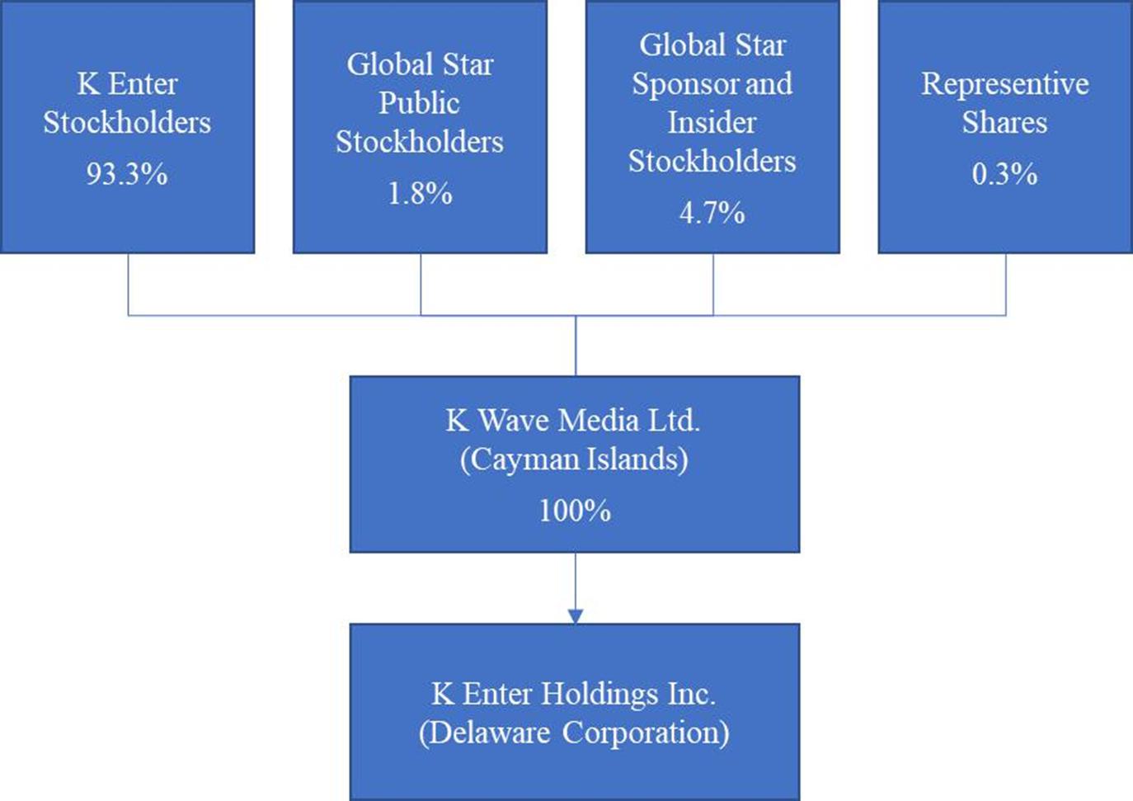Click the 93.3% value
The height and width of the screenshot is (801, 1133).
(x=127, y=174)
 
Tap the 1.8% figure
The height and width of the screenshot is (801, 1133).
(x=420, y=193)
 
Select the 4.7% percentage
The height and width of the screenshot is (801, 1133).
(x=712, y=213)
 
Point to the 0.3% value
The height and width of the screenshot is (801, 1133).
(x=1004, y=174)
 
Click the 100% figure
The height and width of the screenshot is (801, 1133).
(x=575, y=510)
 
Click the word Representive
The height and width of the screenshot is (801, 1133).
(x=1005, y=83)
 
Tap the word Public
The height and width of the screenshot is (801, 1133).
(x=420, y=104)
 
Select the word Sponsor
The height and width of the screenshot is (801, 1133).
(x=686, y=84)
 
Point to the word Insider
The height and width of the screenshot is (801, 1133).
(x=712, y=123)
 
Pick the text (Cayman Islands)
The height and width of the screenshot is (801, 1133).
(x=575, y=460)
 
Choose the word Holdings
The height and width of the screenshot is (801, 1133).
(x=599, y=694)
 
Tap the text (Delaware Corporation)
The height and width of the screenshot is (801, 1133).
(x=575, y=733)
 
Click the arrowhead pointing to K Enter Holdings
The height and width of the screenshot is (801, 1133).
(x=575, y=616)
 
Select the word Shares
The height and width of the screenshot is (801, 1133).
(x=1004, y=123)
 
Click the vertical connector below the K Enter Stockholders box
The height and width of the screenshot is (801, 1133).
(x=128, y=285)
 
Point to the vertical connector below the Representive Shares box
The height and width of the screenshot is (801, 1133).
(x=1005, y=285)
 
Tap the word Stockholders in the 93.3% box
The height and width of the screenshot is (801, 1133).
(x=127, y=123)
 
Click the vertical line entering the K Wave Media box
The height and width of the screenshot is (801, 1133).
(x=576, y=346)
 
